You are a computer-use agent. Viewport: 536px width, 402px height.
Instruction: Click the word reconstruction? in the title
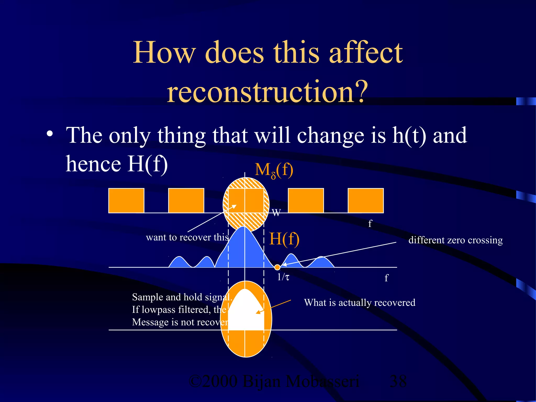[267, 92]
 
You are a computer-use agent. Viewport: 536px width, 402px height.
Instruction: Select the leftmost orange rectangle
[126, 200]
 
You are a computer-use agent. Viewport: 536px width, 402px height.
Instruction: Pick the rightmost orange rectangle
[366, 200]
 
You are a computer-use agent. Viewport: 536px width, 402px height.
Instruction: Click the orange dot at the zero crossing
[277, 267]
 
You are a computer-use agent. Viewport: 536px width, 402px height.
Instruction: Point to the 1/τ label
[283, 277]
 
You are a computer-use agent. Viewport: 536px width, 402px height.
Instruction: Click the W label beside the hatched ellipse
[276, 213]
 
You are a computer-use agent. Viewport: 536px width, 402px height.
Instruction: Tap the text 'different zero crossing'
[455, 240]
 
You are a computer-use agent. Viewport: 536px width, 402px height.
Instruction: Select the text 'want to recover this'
[187, 237]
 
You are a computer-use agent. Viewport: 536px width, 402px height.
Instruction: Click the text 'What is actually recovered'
[360, 303]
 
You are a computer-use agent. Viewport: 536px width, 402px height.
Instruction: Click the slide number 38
[398, 381]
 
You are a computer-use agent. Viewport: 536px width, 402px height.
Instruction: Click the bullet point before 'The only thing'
[50, 134]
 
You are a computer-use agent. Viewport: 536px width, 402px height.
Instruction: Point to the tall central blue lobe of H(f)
[244, 249]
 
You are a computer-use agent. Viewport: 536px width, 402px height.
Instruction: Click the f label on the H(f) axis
[386, 278]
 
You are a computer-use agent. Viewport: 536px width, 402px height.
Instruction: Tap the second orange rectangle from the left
[186, 200]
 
